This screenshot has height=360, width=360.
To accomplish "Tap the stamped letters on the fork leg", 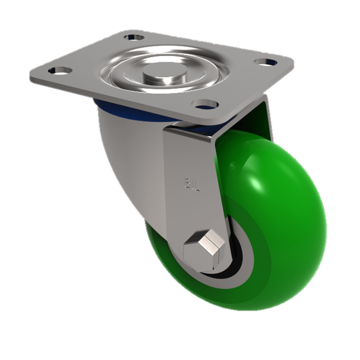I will [191, 184].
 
